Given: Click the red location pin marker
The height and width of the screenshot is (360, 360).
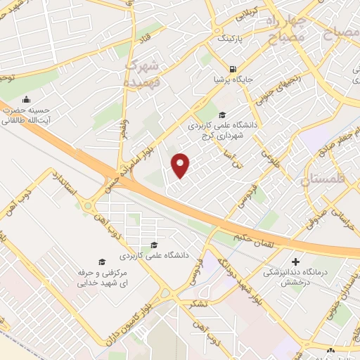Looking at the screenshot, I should pos(181,165).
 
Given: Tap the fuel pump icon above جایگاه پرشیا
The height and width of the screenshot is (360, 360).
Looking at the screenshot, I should pos(232,69).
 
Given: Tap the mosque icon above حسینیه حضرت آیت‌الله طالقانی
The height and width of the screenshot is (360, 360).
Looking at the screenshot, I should pos(27,99).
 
